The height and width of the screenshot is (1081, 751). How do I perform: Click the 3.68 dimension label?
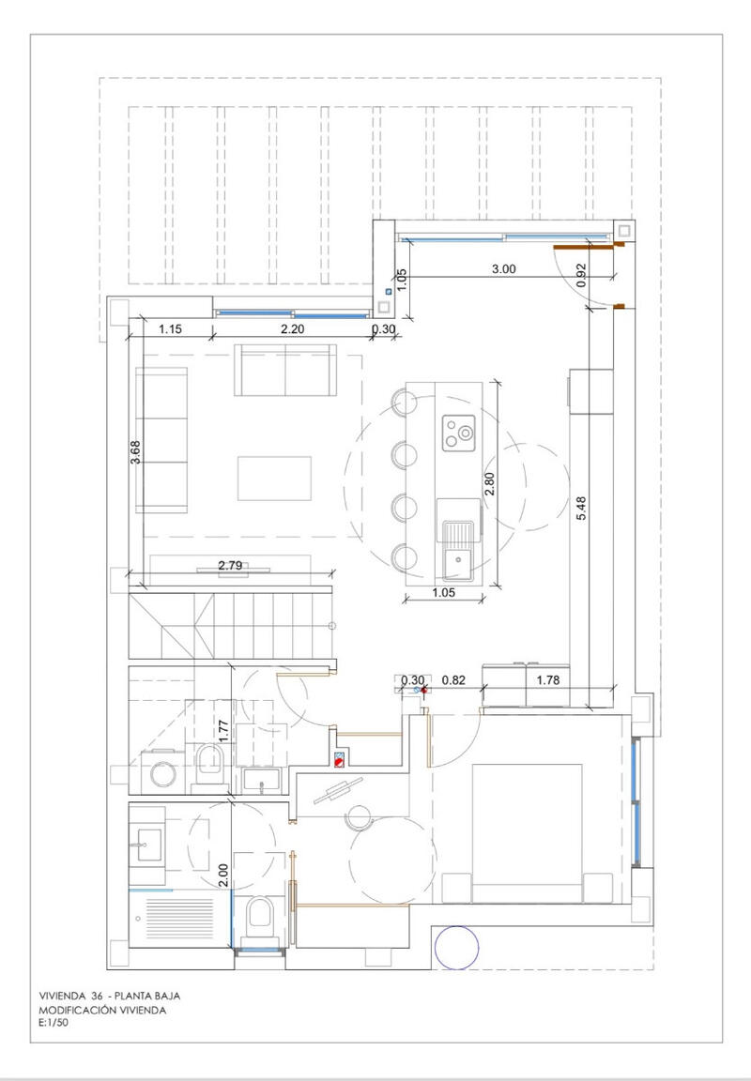[137, 453]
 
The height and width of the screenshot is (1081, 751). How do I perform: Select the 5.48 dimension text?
[582, 508]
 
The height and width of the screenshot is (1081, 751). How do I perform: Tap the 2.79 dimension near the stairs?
[230, 565]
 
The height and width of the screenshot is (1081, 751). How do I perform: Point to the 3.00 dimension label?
[504, 268]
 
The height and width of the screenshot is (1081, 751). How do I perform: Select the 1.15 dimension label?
[169, 328]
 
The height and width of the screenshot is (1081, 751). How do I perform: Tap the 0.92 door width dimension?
[582, 272]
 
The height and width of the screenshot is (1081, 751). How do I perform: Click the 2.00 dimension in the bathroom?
[222, 875]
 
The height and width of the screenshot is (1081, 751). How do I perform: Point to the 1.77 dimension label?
[222, 730]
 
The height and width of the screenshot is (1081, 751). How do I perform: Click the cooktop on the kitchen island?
[459, 432]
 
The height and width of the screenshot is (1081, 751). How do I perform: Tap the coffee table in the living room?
[274, 478]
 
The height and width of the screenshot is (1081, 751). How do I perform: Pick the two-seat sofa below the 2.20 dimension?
[285, 370]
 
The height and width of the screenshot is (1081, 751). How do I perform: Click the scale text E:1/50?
[54, 1024]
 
